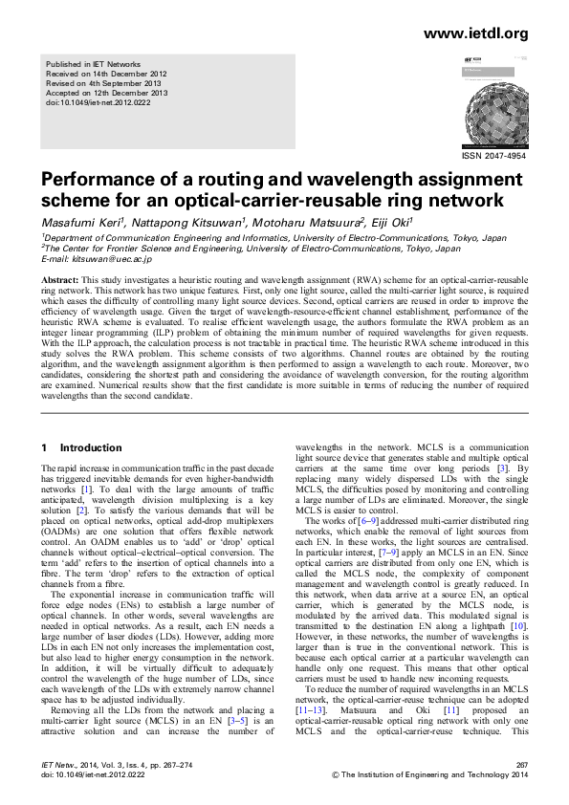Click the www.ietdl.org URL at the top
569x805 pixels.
point(475,33)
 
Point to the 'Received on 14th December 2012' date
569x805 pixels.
point(106,73)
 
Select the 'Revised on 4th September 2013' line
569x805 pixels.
point(105,83)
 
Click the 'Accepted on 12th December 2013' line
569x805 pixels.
point(107,93)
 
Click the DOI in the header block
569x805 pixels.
point(98,103)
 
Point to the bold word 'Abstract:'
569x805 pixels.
point(59,279)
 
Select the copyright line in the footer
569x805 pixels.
point(429,775)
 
